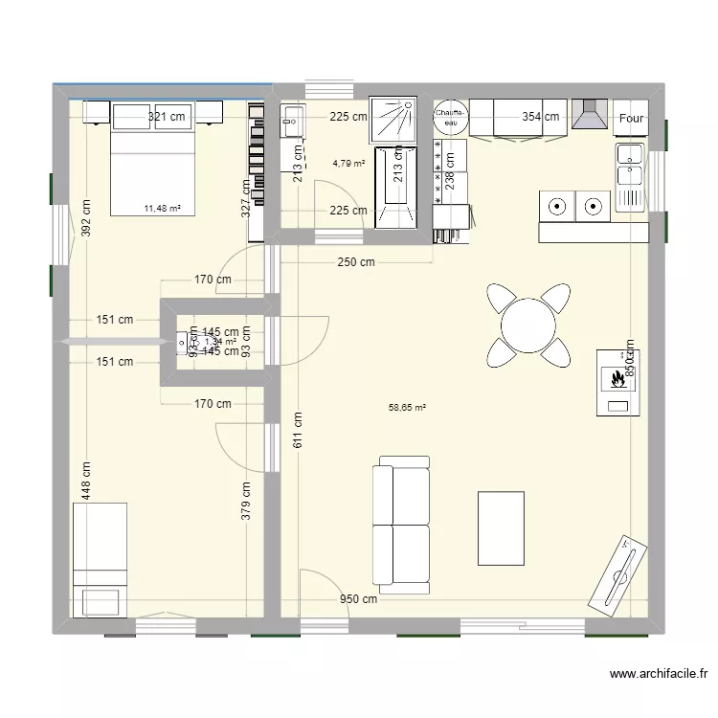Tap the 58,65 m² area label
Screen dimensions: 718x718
pyautogui.click(x=407, y=407)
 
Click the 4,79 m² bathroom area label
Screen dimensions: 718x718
pyautogui.click(x=348, y=164)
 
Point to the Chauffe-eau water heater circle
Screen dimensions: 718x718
pyautogui.click(x=451, y=117)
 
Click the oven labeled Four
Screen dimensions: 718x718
pyautogui.click(x=631, y=118)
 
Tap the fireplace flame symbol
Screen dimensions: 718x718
pyautogui.click(x=618, y=379)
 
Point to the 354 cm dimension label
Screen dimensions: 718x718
pyautogui.click(x=540, y=117)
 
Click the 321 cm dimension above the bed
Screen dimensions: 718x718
pyautogui.click(x=166, y=116)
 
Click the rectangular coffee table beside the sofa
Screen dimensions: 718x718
pyautogui.click(x=501, y=527)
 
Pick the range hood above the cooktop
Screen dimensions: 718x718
pyautogui.click(x=591, y=115)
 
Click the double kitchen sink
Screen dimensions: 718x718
pyautogui.click(x=630, y=163)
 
